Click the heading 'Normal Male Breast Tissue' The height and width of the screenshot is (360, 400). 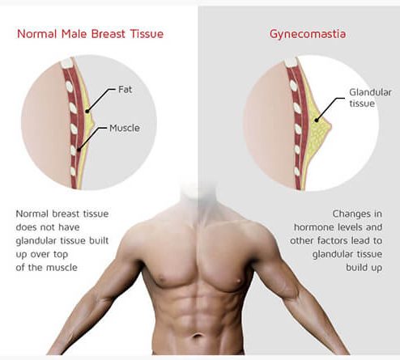(90, 34)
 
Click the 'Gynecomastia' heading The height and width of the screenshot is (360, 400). (308, 35)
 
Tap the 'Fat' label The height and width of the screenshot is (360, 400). (126, 89)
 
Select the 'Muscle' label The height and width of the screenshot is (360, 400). (125, 128)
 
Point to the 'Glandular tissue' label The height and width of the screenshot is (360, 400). (370, 98)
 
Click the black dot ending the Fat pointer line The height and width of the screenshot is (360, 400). (87, 111)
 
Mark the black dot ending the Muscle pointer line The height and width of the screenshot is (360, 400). (79, 150)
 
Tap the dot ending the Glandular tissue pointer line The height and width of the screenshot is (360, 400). (317, 121)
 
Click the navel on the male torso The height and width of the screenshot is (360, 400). (198, 336)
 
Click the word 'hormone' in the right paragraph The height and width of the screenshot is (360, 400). (313, 227)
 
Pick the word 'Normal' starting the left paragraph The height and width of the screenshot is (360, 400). (32, 214)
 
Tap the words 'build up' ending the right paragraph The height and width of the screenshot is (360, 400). (364, 268)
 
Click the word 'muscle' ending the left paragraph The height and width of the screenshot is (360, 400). (62, 268)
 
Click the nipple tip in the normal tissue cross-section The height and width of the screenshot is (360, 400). (94, 124)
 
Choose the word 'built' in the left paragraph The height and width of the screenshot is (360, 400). (99, 240)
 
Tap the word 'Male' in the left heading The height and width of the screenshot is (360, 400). (74, 34)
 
